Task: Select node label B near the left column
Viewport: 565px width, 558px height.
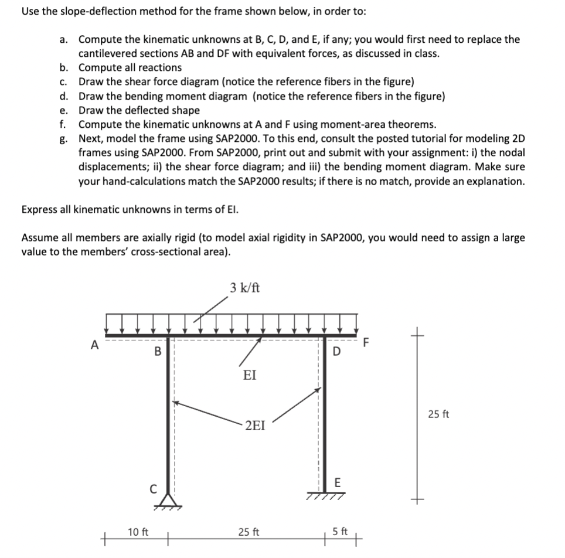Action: point(156,352)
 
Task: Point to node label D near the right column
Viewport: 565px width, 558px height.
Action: point(336,352)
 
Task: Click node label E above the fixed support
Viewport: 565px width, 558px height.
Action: point(336,482)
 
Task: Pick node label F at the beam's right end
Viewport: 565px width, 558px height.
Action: point(367,342)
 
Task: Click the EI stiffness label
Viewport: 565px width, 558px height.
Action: point(249,375)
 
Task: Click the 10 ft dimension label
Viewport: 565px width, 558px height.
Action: point(138,532)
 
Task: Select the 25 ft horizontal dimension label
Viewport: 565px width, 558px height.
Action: point(249,532)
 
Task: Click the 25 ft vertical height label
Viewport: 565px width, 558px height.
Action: point(438,414)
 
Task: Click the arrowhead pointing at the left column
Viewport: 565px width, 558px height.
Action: point(176,403)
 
